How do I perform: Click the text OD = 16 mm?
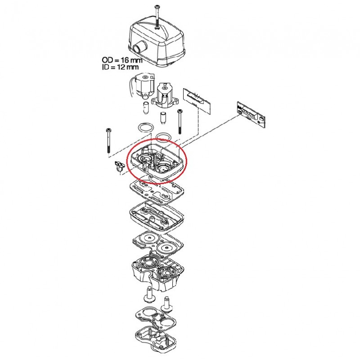(122, 60)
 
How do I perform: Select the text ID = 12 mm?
(120, 67)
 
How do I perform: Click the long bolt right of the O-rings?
(180, 121)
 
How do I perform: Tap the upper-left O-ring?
(145, 127)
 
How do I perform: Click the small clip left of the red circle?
(119, 166)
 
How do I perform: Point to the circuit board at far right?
(251, 115)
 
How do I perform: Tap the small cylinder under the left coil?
(146, 107)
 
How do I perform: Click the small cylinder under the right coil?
(163, 118)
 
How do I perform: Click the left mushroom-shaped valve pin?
(149, 294)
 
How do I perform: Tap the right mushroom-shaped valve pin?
(167, 304)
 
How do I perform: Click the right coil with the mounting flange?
(164, 95)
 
